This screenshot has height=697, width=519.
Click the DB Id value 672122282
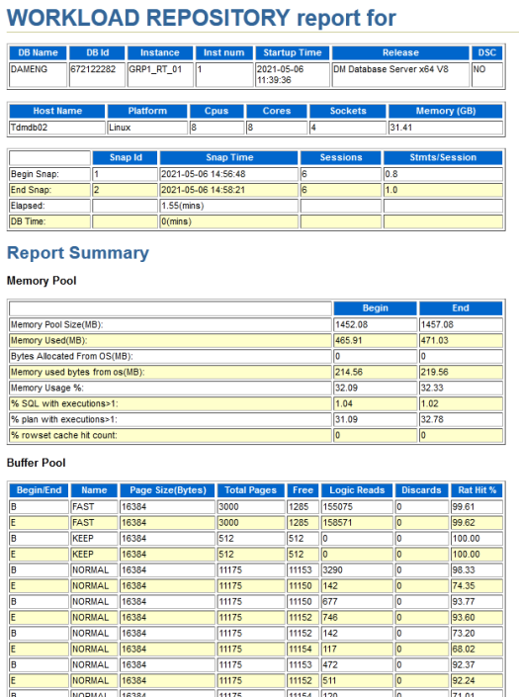[93, 69]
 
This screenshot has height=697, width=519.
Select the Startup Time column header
[292, 53]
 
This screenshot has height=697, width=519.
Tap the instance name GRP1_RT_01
[155, 69]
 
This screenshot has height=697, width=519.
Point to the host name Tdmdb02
[29, 128]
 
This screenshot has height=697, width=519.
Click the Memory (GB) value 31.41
[400, 128]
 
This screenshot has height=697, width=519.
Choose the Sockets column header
[348, 111]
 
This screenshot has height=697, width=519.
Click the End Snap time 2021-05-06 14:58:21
[203, 190]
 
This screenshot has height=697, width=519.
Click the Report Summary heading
[78, 253]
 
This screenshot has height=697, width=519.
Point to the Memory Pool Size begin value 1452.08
[351, 324]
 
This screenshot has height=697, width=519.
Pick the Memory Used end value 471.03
[435, 340]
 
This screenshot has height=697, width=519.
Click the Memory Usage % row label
[47, 389]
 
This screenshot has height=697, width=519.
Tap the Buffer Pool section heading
[36, 463]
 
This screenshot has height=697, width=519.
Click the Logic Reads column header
[357, 490]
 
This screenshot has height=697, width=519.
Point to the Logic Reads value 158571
[337, 523]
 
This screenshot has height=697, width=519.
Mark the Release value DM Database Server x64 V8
[391, 69]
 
